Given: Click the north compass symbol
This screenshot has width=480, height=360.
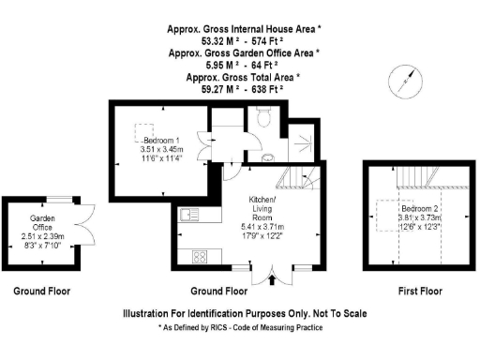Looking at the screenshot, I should pyautogui.click(x=405, y=81).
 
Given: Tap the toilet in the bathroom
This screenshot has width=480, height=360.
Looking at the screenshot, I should pyautogui.click(x=263, y=116).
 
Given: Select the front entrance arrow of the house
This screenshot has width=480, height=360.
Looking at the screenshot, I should pyautogui.click(x=273, y=277).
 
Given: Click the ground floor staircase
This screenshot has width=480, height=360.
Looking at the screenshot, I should pyautogui.click(x=302, y=177).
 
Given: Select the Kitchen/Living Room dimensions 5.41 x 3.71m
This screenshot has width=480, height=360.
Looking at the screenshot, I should pyautogui.click(x=262, y=226).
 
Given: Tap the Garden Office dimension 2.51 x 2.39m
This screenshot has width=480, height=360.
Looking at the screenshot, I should pyautogui.click(x=40, y=236).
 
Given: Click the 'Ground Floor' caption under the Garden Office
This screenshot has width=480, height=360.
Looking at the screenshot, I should pyautogui.click(x=41, y=292).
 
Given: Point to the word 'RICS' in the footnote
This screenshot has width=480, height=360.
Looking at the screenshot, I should pyautogui.click(x=222, y=328).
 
